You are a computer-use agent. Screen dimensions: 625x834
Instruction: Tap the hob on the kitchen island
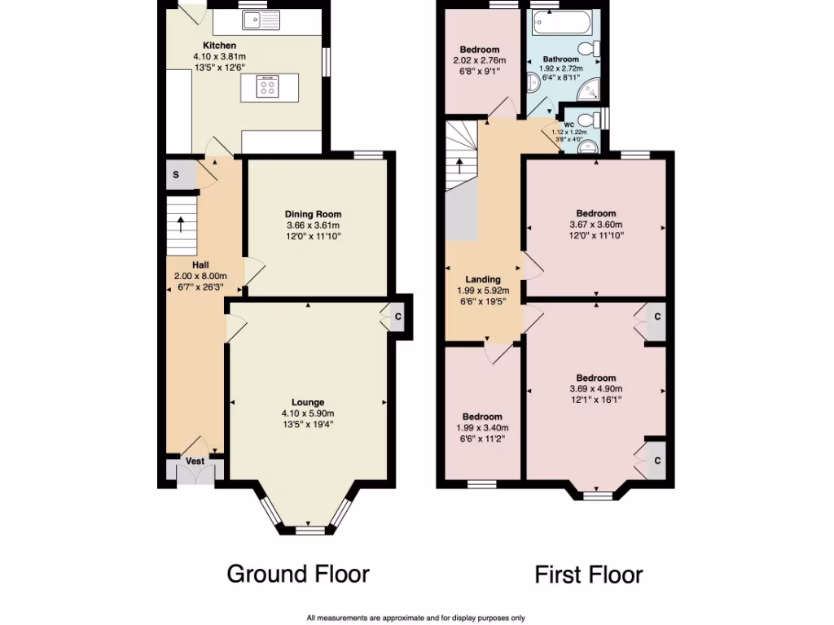pos(267,85)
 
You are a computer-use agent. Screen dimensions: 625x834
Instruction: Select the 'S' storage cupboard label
pos(176,175)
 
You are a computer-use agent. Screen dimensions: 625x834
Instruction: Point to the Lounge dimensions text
pos(308,418)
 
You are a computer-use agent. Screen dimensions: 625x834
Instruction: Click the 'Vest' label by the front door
pos(195,461)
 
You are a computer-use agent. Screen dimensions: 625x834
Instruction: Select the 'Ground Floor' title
pos(297,574)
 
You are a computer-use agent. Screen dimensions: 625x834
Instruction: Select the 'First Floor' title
pos(588,575)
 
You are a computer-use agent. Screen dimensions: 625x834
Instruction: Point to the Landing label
pos(483,279)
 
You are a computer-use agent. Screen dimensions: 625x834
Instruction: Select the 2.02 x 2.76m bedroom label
pos(479,50)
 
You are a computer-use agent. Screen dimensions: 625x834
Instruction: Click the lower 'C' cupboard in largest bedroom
pos(656,461)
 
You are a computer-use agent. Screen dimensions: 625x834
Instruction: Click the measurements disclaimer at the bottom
pos(415,618)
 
